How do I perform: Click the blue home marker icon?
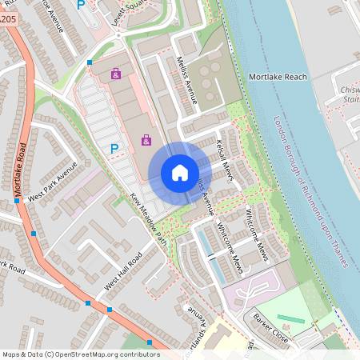pos(180,172)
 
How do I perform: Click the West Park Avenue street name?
pos(52,182)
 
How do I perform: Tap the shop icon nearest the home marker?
pos(146,141)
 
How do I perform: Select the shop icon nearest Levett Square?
pos(116,74)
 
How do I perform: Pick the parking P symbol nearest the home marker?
pos(114,148)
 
